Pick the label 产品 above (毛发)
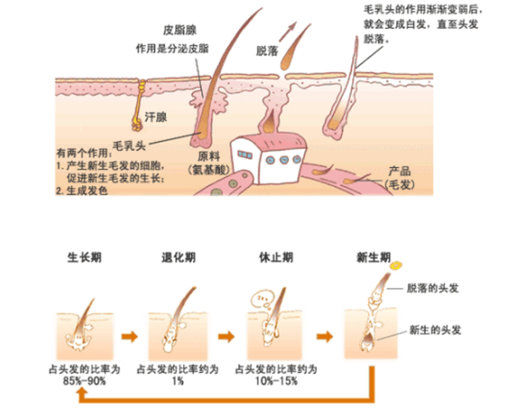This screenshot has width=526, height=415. click(x=400, y=174)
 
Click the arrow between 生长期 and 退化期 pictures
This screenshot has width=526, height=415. click(x=130, y=333)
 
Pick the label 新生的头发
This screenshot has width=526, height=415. click(x=436, y=332)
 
